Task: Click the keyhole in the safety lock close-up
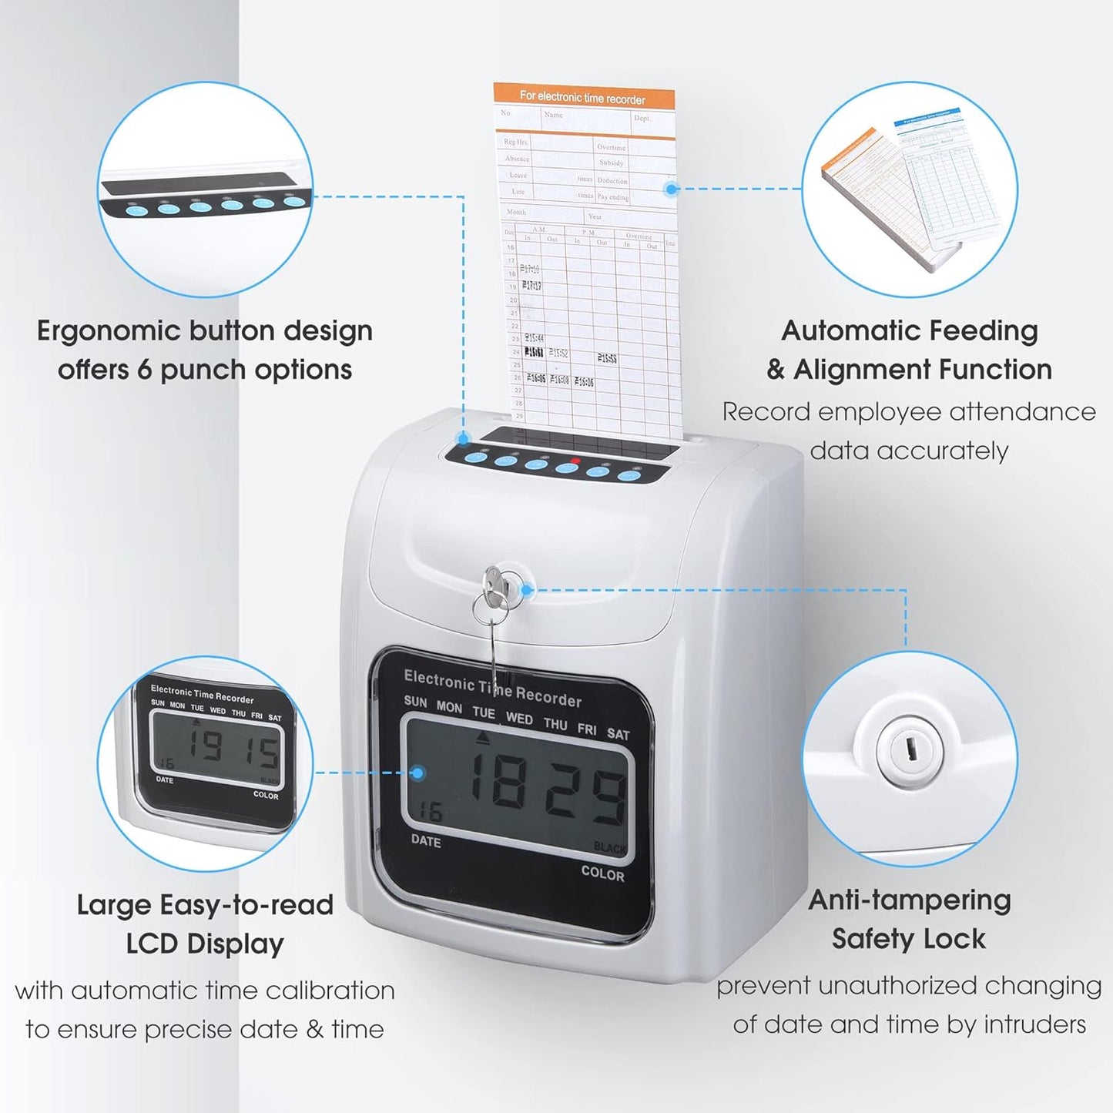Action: [910, 748]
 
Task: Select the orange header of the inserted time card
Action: [584, 97]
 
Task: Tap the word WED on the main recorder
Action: [519, 718]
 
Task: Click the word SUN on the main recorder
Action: [415, 701]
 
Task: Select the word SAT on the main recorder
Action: [618, 734]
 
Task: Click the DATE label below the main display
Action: [426, 841]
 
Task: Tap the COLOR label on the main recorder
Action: [602, 873]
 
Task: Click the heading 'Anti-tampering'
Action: [909, 900]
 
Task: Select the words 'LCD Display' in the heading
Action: [205, 944]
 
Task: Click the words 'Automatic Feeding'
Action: [909, 330]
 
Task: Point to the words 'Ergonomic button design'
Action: [205, 330]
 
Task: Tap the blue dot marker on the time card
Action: [672, 189]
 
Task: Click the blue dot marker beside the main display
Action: [418, 773]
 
